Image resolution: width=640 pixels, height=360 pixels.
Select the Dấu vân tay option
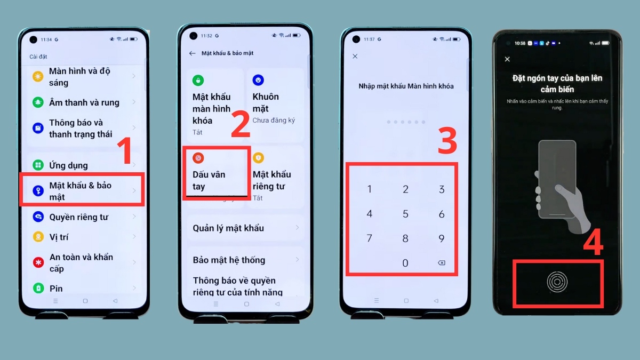click(209, 180)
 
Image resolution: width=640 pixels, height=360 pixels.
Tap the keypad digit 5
click(405, 214)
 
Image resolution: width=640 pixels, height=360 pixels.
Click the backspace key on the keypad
click(441, 263)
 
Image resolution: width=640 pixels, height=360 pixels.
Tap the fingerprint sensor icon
click(557, 282)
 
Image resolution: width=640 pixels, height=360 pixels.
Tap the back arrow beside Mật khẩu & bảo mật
click(193, 53)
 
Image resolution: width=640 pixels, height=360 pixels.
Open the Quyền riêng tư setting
click(78, 217)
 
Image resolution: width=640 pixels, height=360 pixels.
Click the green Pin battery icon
click(38, 289)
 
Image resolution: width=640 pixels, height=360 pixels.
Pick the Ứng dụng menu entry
click(68, 165)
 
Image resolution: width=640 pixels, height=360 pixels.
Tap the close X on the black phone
click(507, 59)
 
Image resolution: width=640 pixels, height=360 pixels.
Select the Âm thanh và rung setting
click(84, 102)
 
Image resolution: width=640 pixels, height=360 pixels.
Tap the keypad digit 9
click(441, 238)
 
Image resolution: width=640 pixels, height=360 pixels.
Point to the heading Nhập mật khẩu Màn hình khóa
click(406, 86)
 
